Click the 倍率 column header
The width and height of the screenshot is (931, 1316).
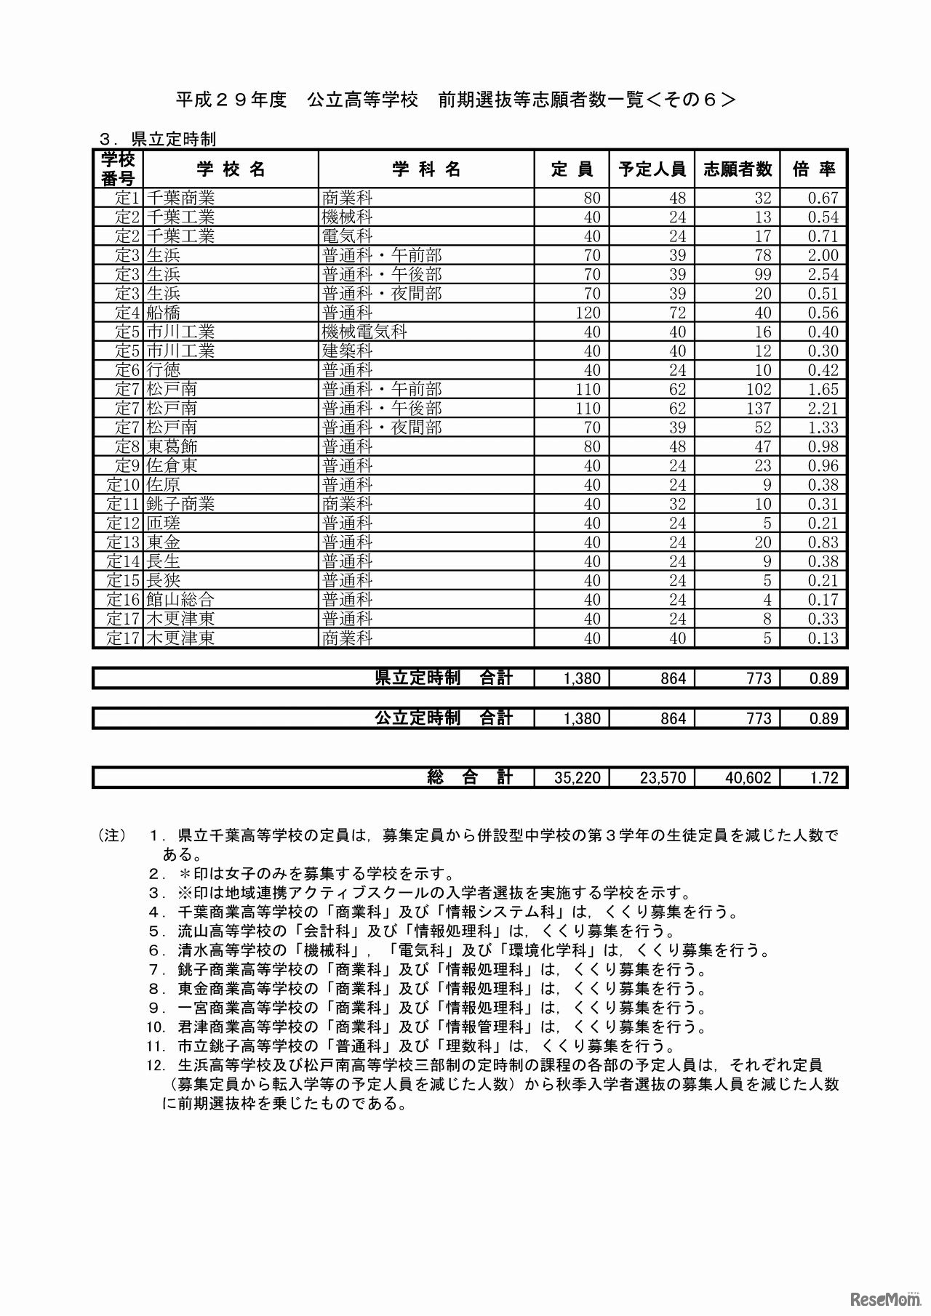(x=814, y=169)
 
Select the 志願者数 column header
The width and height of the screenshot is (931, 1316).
(x=737, y=169)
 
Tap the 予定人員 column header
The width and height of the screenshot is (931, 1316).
(x=652, y=169)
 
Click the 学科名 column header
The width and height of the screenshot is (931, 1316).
(x=426, y=169)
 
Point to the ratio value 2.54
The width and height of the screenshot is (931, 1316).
(x=823, y=275)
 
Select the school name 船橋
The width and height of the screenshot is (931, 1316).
(x=163, y=313)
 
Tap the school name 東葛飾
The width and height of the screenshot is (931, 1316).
(x=172, y=446)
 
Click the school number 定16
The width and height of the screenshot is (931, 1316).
(x=122, y=600)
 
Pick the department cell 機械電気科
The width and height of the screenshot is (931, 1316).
(x=364, y=332)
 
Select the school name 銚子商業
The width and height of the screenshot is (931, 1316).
(x=180, y=504)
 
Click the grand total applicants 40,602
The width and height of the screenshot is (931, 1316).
(x=748, y=777)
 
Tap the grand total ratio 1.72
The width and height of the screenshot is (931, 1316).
(x=824, y=777)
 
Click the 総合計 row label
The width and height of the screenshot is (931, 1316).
(x=470, y=777)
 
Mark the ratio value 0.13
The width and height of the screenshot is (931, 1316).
(x=823, y=638)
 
